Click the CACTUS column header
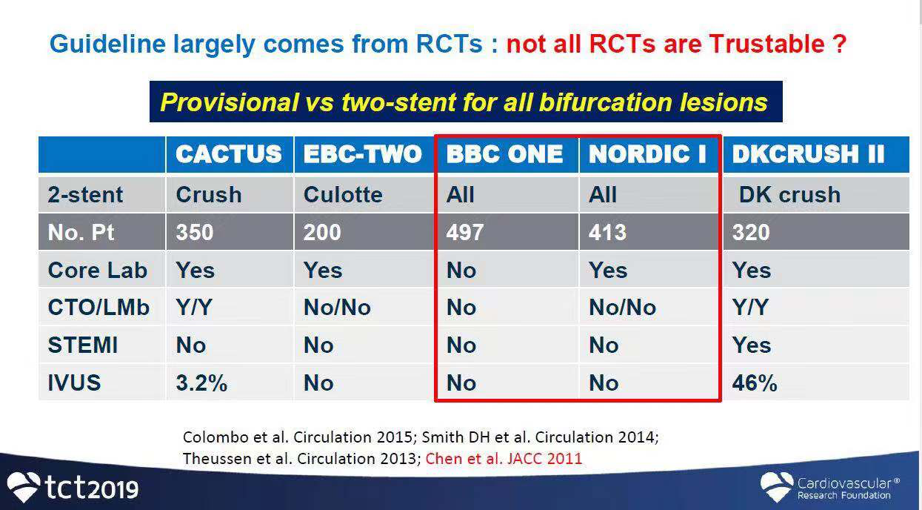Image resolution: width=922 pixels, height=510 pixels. pos(228,154)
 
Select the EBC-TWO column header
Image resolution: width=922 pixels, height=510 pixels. pos(363,154)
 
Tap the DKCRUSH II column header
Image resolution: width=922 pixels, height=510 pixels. pos(808,154)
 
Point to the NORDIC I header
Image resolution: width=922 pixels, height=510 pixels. pos(647,154)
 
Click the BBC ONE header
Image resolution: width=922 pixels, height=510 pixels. pos(504,154)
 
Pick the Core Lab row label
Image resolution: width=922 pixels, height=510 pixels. pos(98,271)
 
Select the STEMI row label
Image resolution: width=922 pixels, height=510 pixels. pos(83,345)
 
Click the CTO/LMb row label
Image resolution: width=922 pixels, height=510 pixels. pos(98,308)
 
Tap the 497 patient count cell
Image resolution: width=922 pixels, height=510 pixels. pos(465,232)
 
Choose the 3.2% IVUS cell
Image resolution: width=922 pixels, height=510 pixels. pos(201,383)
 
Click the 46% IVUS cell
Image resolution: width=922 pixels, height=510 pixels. pos(755,383)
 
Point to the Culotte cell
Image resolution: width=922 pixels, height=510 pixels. pos(343,194)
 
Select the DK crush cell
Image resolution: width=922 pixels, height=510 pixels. pos(789,194)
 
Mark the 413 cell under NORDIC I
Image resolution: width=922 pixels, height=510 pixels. pos(607,232)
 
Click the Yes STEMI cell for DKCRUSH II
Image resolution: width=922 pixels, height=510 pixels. pos(752,345)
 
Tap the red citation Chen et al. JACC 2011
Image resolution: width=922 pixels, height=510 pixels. pos(504,459)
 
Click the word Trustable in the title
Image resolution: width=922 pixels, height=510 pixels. pos(766,44)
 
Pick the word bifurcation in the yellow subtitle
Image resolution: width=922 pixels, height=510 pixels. pos(606,102)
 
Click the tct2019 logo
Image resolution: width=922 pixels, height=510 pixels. pos(73,487)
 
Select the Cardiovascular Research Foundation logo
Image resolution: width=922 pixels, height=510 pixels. pos(829,487)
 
